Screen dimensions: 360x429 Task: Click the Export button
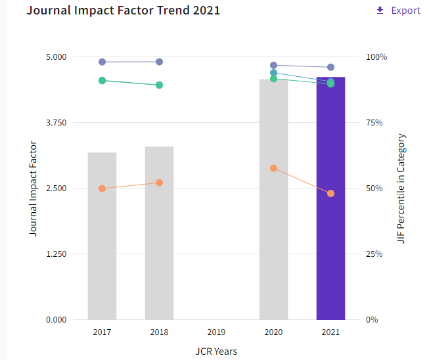click(x=398, y=11)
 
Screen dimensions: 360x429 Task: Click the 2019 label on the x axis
click(x=216, y=333)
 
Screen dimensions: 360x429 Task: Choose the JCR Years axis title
click(x=216, y=351)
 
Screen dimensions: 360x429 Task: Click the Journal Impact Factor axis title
click(x=33, y=189)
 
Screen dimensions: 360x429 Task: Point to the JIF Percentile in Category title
click(x=401, y=189)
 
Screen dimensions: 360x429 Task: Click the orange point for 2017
click(x=102, y=189)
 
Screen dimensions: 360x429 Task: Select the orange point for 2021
click(x=330, y=193)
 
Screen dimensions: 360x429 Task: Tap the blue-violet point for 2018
click(x=159, y=62)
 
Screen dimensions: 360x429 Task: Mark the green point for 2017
click(x=102, y=80)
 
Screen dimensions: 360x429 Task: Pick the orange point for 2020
click(x=273, y=168)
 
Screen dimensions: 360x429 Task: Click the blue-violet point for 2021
click(x=330, y=67)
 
